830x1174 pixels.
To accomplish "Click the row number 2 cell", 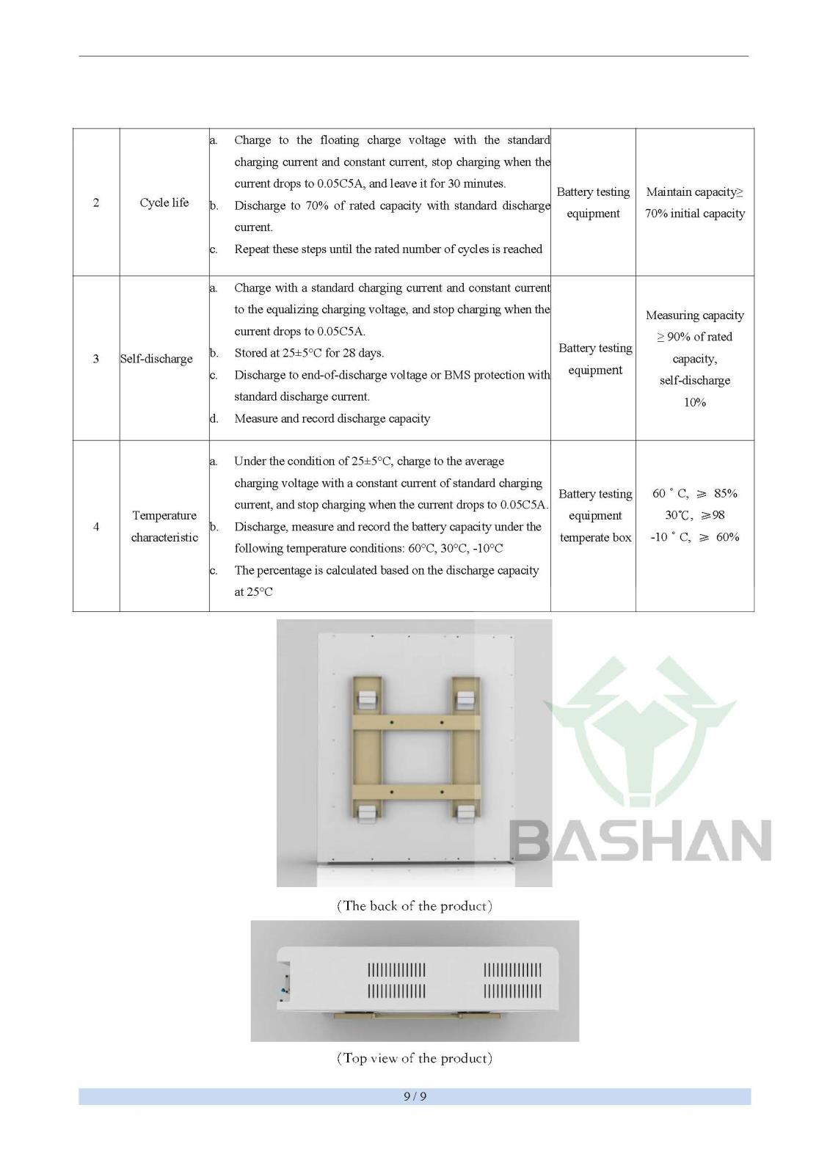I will tap(96, 203).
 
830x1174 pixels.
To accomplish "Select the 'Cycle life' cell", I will tap(164, 203).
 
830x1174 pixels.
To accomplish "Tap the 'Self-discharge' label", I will tap(156, 359).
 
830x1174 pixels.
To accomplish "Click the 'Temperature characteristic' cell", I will tap(164, 526).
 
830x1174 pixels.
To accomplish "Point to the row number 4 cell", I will tap(96, 526).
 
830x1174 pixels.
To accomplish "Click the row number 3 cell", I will tap(96, 359).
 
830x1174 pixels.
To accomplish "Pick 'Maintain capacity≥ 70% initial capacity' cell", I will tap(695, 203).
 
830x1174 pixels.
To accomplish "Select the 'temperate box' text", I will tap(595, 537).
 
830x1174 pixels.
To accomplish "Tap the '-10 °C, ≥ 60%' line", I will tap(694, 537).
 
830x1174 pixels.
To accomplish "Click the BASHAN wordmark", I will tap(639, 840).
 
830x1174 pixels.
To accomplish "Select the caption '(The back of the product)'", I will tap(415, 906).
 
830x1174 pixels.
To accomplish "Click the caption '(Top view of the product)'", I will tap(415, 1058).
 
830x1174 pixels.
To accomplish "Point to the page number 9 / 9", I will tap(415, 1097).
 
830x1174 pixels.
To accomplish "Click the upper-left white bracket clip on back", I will tap(366, 699).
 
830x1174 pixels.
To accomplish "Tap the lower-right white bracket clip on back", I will tap(465, 813).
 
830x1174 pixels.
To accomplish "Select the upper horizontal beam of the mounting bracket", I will tap(416, 723).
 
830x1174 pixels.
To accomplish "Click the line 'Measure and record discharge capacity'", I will tap(332, 418).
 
